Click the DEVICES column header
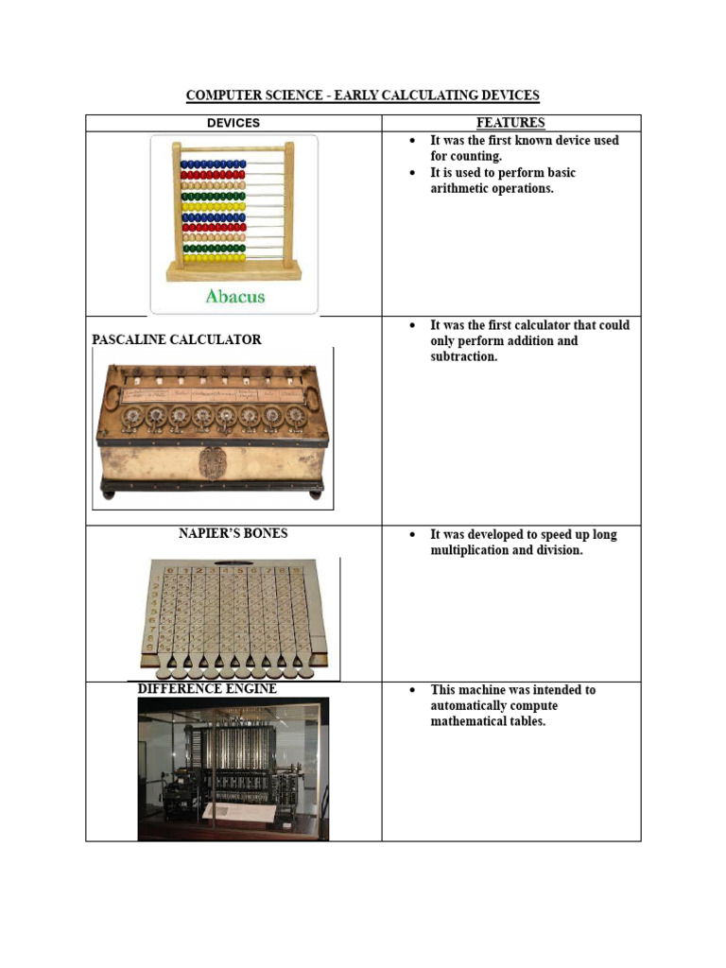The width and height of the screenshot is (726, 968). [233, 123]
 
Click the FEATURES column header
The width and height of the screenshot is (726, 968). [510, 123]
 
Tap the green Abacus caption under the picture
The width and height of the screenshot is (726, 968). [235, 296]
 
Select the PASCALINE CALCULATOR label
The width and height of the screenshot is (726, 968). [177, 339]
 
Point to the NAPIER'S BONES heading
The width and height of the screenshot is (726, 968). [233, 533]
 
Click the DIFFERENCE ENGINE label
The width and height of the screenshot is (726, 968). [207, 689]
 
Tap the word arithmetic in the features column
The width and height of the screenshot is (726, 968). [457, 188]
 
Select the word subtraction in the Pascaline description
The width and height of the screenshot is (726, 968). [463, 356]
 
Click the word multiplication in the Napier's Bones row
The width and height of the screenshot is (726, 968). [470, 550]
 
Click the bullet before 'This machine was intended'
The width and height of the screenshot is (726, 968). [412, 690]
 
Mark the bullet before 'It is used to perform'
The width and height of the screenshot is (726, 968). [412, 173]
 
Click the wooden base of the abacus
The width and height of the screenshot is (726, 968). [234, 271]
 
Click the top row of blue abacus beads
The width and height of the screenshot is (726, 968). [213, 164]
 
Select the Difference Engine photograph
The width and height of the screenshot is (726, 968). [233, 769]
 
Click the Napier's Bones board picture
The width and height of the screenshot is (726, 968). [234, 617]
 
